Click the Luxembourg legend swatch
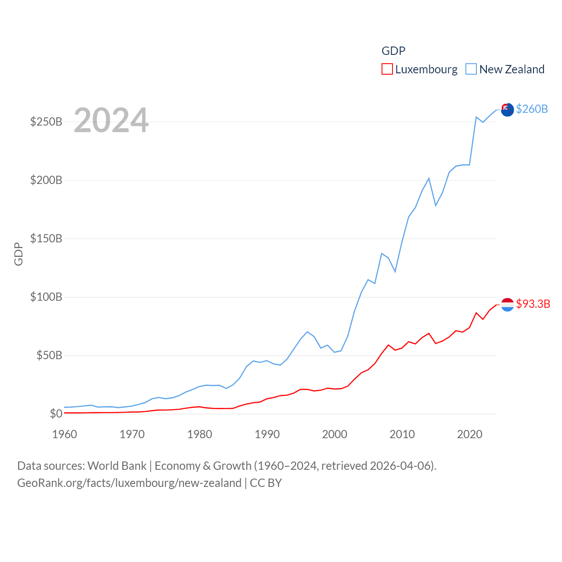pyautogui.click(x=387, y=69)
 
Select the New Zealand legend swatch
pyautogui.click(x=471, y=69)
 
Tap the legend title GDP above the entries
pyautogui.click(x=393, y=51)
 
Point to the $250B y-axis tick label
pyautogui.click(x=46, y=122)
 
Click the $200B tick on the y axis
pyautogui.click(x=46, y=180)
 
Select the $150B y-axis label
pyautogui.click(x=46, y=238)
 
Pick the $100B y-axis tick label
pyautogui.click(x=46, y=297)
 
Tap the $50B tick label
pyautogui.click(x=49, y=355)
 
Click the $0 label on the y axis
pyautogui.click(x=56, y=414)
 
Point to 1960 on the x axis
pyautogui.click(x=65, y=434)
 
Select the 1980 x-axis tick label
pyautogui.click(x=199, y=434)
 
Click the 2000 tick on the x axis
pyautogui.click(x=335, y=434)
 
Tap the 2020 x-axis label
pyautogui.click(x=470, y=434)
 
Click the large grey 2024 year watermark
pyautogui.click(x=111, y=120)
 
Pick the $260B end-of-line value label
pyautogui.click(x=532, y=109)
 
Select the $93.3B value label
pyautogui.click(x=533, y=304)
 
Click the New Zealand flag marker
pyautogui.click(x=507, y=110)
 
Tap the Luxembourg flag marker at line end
pyautogui.click(x=507, y=304)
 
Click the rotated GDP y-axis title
pyautogui.click(x=18, y=254)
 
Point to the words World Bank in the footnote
pyautogui.click(x=117, y=465)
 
